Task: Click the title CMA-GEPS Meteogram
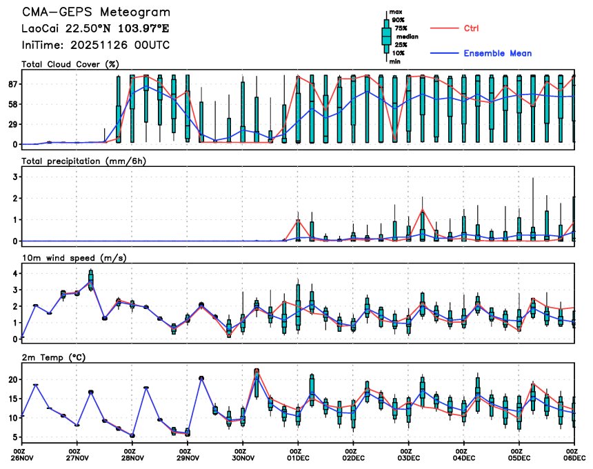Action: [96, 12]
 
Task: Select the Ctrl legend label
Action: [471, 28]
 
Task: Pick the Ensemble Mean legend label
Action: [497, 53]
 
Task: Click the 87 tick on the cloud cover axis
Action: [11, 84]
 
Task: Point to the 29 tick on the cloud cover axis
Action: [11, 124]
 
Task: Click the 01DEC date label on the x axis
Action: [298, 457]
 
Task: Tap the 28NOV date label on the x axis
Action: [132, 457]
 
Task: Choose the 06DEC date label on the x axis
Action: [574, 457]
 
